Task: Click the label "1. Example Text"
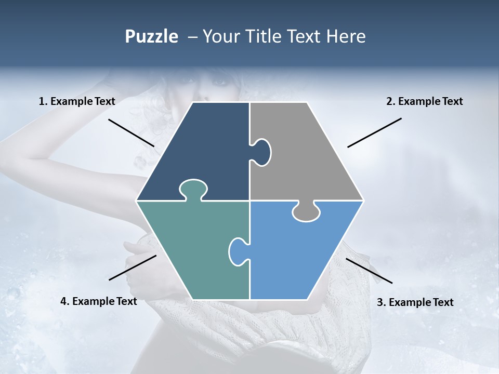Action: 77,101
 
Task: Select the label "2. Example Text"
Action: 424,101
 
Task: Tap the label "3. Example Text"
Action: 415,302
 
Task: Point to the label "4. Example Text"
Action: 99,301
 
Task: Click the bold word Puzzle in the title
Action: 151,36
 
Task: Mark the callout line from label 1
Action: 131,132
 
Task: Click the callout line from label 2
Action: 374,132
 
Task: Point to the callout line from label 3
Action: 369,271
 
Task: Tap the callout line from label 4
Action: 133,268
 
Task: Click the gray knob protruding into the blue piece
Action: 306,212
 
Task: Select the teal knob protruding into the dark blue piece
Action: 193,189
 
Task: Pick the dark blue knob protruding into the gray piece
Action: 262,152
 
